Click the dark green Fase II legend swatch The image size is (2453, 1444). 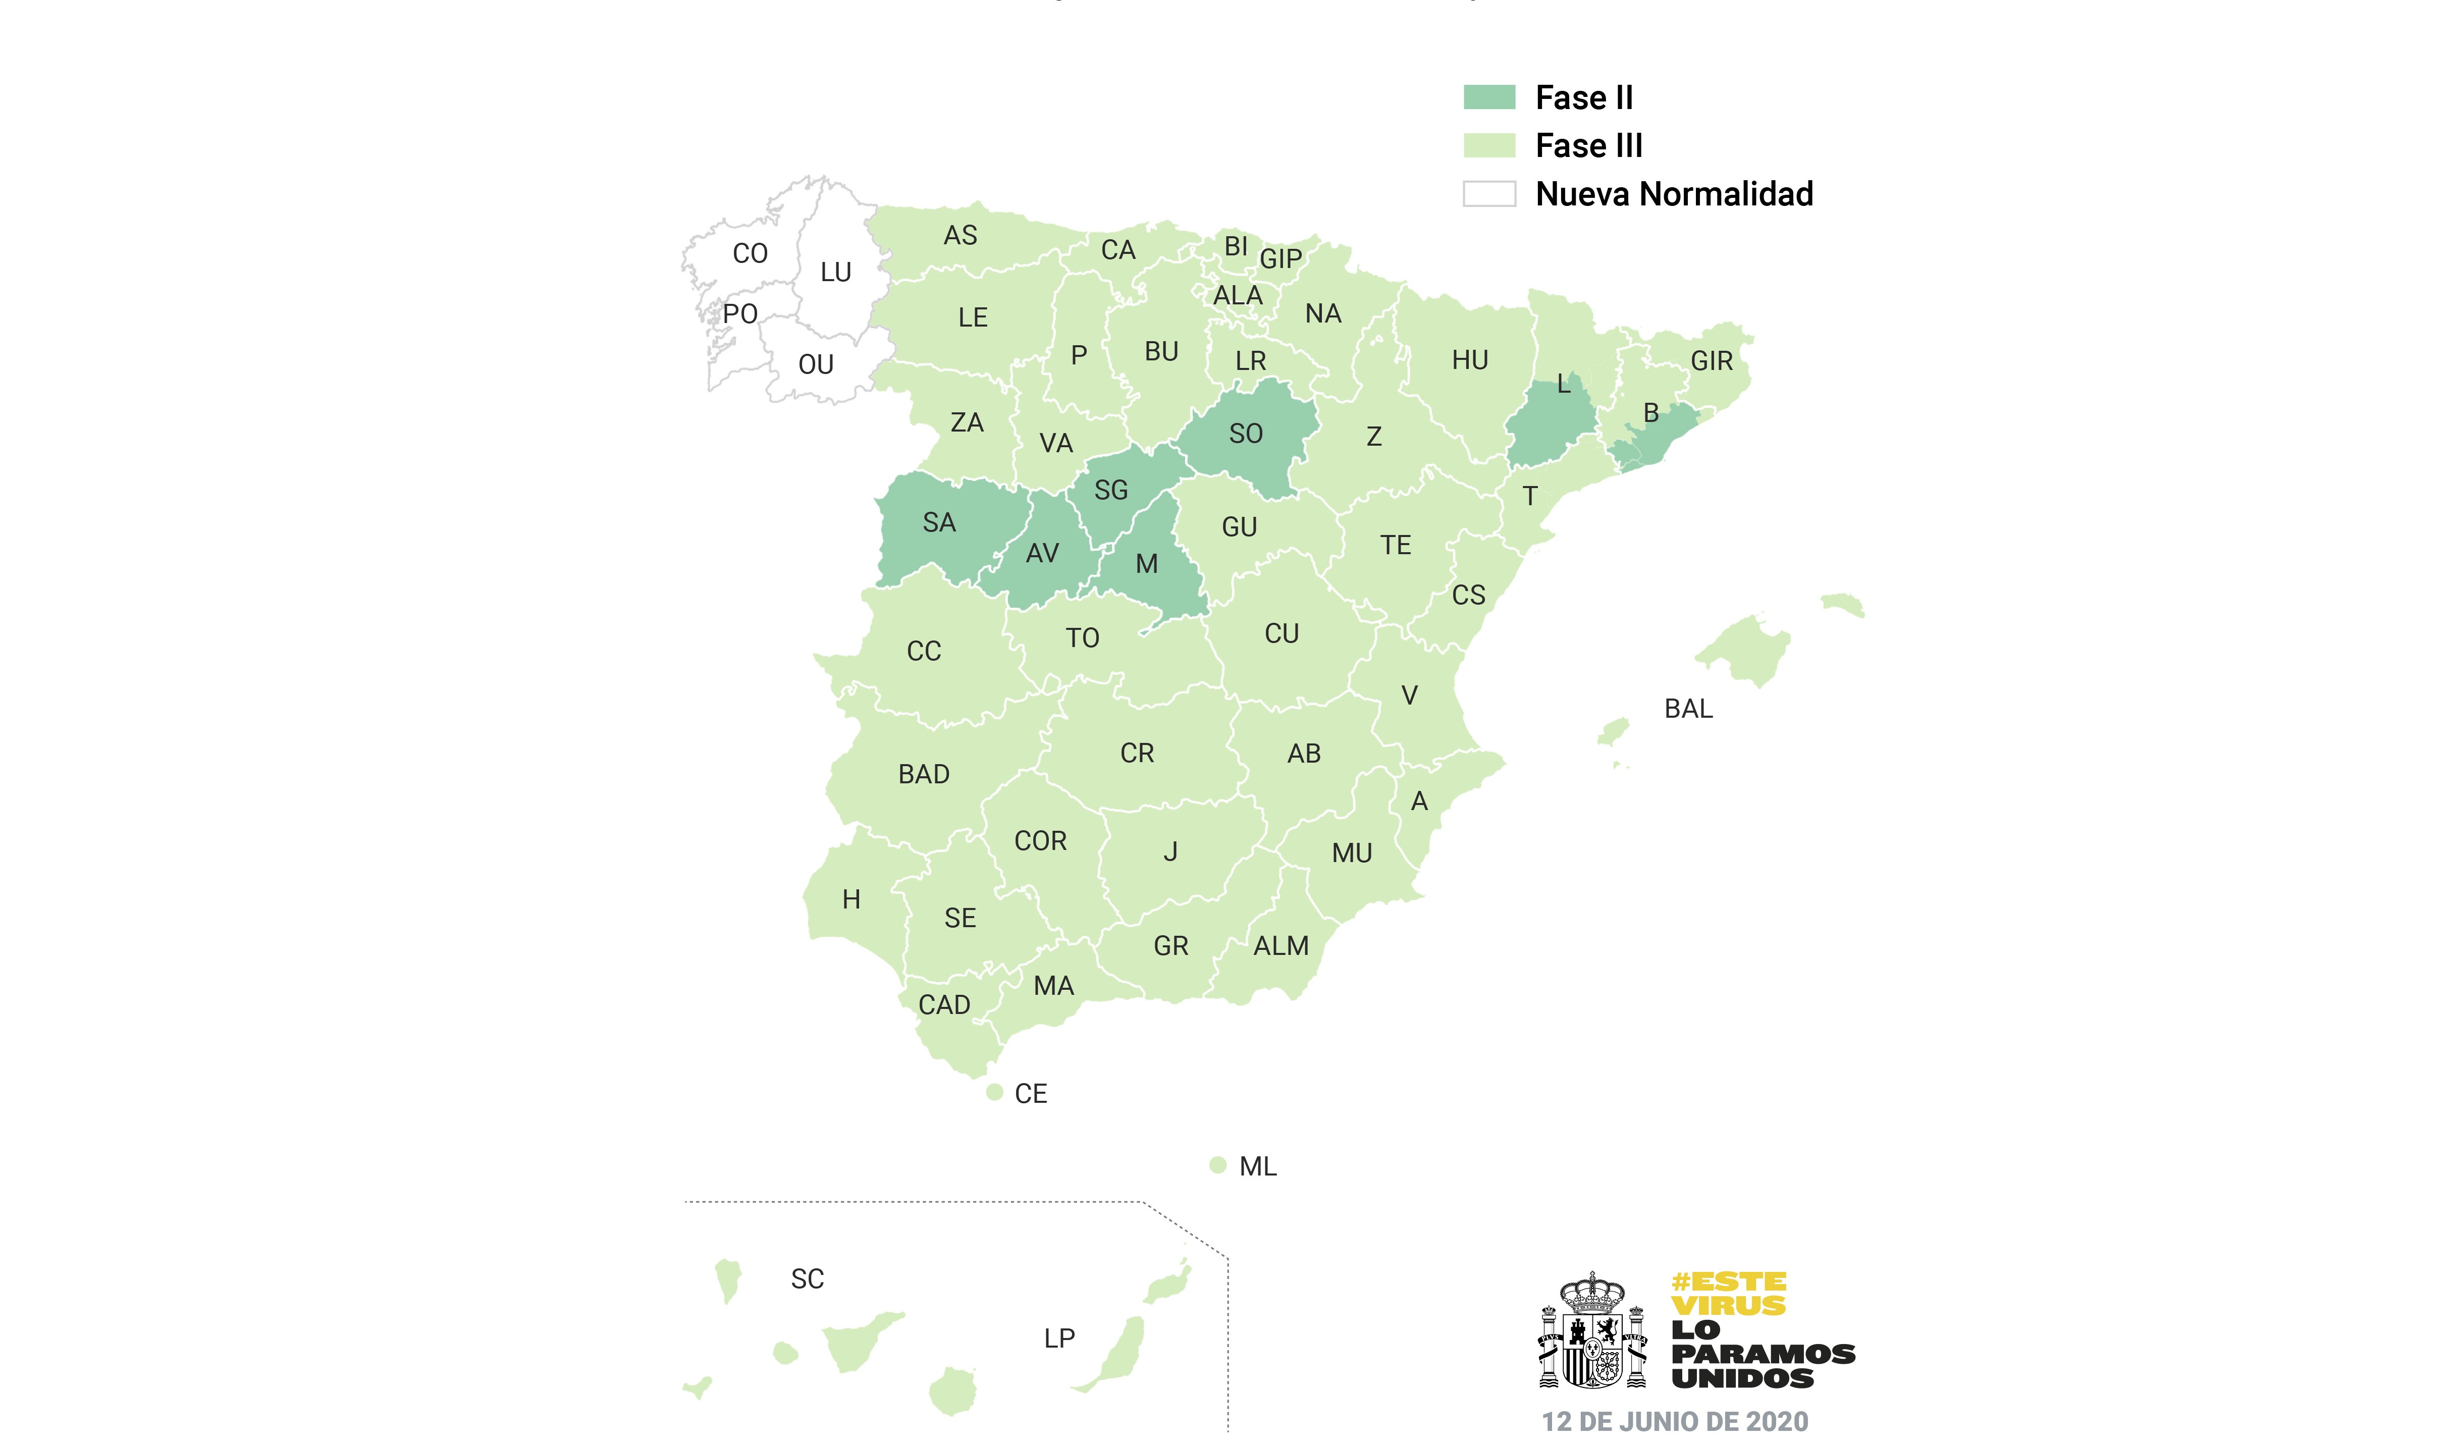(1489, 97)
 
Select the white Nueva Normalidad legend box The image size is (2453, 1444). (1489, 194)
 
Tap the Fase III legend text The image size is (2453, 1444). (1588, 146)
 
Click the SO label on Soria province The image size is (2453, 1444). (1246, 434)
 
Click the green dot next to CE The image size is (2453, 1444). (994, 1093)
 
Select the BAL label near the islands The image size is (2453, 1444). (1688, 709)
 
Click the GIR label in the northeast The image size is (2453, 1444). (1711, 361)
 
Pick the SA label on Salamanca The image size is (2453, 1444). (939, 523)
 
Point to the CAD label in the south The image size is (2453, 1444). (944, 1005)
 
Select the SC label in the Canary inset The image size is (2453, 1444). (807, 1279)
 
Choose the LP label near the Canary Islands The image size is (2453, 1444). (1059, 1339)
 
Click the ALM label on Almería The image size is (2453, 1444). (1281, 946)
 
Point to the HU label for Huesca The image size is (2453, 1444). (1470, 360)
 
